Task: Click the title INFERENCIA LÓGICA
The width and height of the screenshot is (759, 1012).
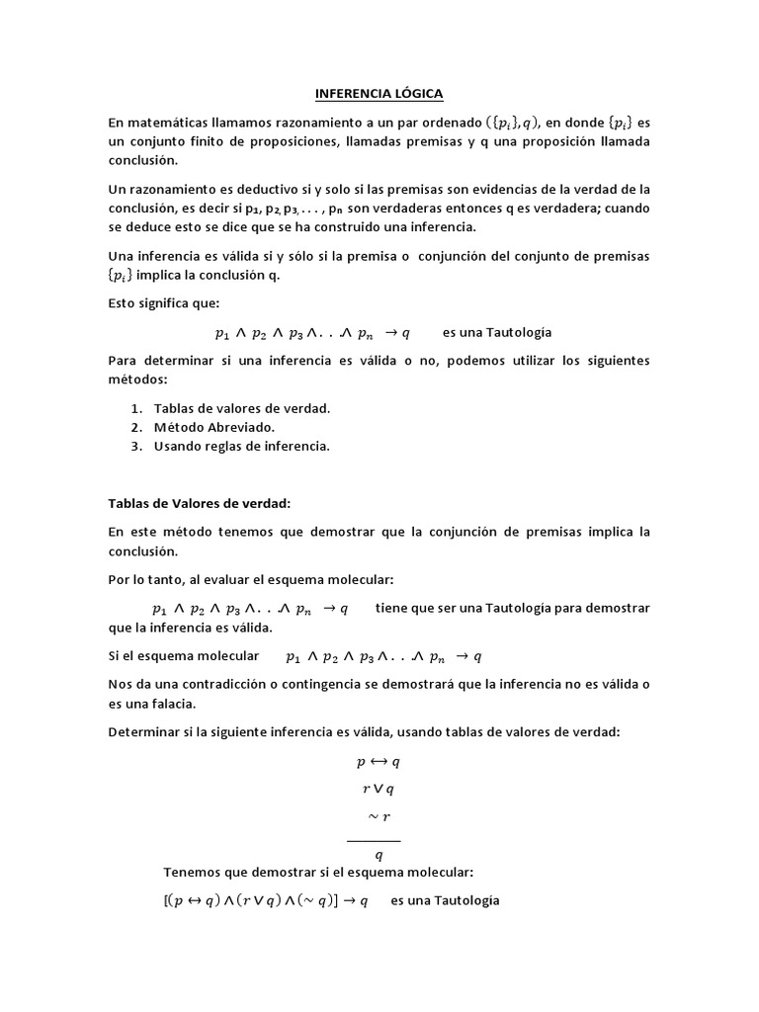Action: tap(379, 94)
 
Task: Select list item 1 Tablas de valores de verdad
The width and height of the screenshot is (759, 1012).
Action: tap(241, 408)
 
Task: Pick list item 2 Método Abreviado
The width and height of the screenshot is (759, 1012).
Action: tap(213, 427)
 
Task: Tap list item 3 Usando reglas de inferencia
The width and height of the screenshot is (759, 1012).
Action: tap(241, 446)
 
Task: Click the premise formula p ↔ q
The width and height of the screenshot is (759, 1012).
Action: tap(378, 762)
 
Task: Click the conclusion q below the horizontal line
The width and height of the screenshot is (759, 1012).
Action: tap(379, 855)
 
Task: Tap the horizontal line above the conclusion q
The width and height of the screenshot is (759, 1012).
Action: tap(374, 841)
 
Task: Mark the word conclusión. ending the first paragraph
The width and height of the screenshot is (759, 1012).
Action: tap(143, 160)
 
